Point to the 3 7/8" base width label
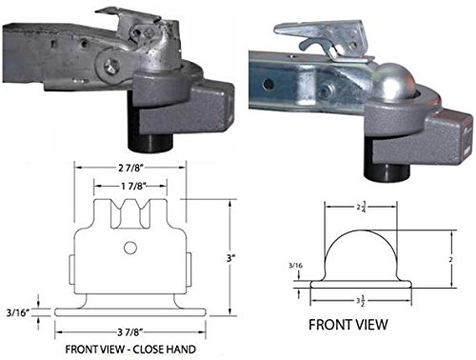pyautogui.click(x=131, y=332)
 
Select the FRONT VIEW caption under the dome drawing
pyautogui.click(x=348, y=325)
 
